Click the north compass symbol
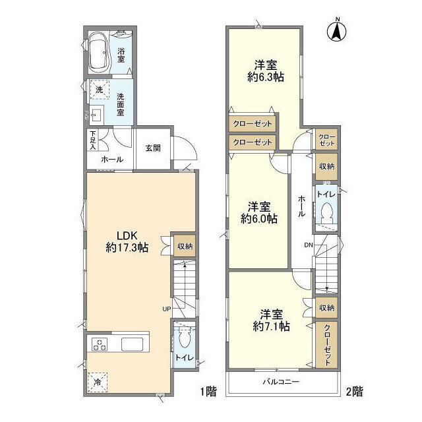point(337,31)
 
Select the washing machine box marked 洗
point(100,90)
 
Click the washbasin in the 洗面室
point(97,115)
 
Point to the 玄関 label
point(153,148)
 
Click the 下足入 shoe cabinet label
point(92,140)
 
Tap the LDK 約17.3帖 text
point(127,241)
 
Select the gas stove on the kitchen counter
point(100,344)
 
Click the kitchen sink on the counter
point(132,344)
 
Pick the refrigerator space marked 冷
point(98,382)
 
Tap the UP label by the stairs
point(167,309)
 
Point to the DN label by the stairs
point(309,245)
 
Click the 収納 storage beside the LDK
point(185,246)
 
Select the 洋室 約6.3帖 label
point(266,71)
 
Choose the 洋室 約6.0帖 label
point(259,213)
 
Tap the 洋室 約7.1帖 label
point(271,320)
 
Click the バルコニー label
point(281,382)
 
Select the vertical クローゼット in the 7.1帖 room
point(327,345)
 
